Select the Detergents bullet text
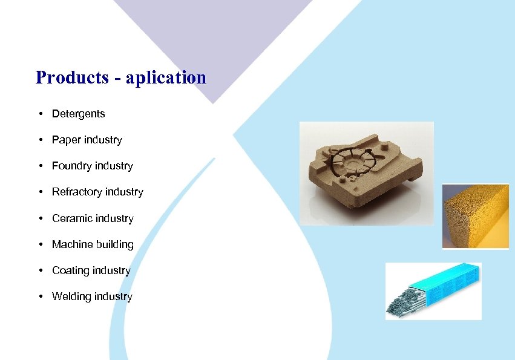click(78, 114)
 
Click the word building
click(114, 244)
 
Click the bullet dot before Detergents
click(39, 114)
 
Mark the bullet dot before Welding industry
click(39, 296)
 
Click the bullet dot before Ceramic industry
click(39, 218)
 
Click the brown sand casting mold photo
click(366, 172)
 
